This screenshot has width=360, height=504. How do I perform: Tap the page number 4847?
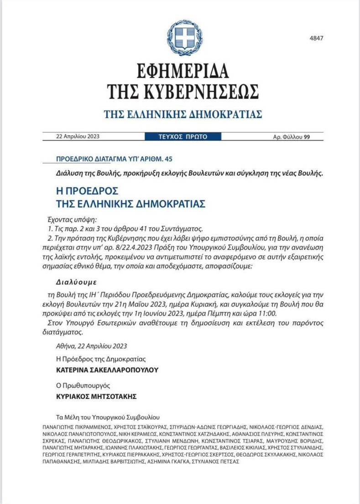(x=316, y=38)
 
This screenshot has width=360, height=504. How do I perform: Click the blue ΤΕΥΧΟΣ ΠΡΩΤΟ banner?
(x=183, y=136)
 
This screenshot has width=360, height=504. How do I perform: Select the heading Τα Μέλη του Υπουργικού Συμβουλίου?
(x=108, y=417)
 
